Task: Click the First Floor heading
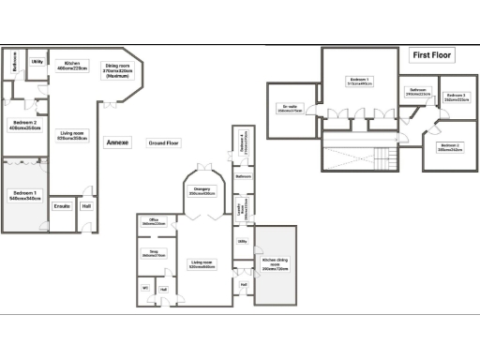pyautogui.click(x=434, y=55)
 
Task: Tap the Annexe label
pyautogui.click(x=117, y=142)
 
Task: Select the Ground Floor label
pyautogui.click(x=163, y=142)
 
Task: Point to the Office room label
pyautogui.click(x=154, y=222)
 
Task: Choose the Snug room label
pyautogui.click(x=154, y=252)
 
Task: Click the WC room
pyautogui.click(x=145, y=289)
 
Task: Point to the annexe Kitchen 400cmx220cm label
pyautogui.click(x=72, y=66)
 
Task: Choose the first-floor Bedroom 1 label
pyautogui.click(x=361, y=82)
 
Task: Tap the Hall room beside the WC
pyautogui.click(x=163, y=290)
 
